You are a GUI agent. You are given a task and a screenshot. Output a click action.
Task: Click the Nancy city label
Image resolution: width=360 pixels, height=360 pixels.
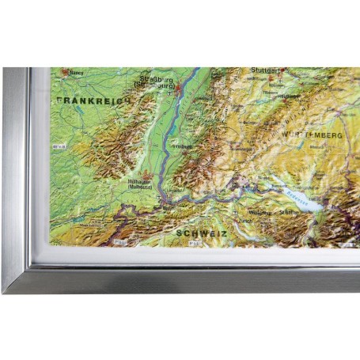(x=77, y=72)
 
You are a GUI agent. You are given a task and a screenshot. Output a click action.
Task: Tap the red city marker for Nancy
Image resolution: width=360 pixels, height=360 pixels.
(x=68, y=72)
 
